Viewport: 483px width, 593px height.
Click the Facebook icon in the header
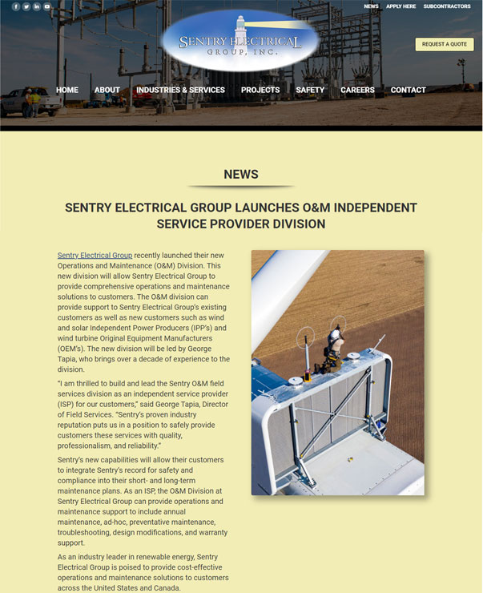tap(16, 6)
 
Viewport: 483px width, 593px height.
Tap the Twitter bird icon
tap(26, 6)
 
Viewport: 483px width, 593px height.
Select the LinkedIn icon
tap(37, 6)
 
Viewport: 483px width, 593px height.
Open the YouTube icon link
tap(47, 6)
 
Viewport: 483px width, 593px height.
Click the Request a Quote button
tap(444, 44)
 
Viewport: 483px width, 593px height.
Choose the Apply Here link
tap(401, 6)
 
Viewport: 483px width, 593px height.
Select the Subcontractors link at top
tap(447, 6)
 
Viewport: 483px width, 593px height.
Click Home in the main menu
tap(67, 90)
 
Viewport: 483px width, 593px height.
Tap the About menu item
tap(107, 90)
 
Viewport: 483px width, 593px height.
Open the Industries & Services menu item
tap(180, 90)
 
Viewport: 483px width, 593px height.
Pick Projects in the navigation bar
tap(260, 90)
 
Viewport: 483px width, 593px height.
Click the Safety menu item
tap(310, 90)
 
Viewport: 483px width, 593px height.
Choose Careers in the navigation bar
tap(357, 90)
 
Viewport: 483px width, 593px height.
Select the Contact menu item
tap(408, 90)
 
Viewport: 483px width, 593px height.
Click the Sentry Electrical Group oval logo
tap(239, 42)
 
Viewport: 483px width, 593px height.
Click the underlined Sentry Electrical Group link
tap(95, 256)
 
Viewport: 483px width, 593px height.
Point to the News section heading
tap(241, 174)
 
